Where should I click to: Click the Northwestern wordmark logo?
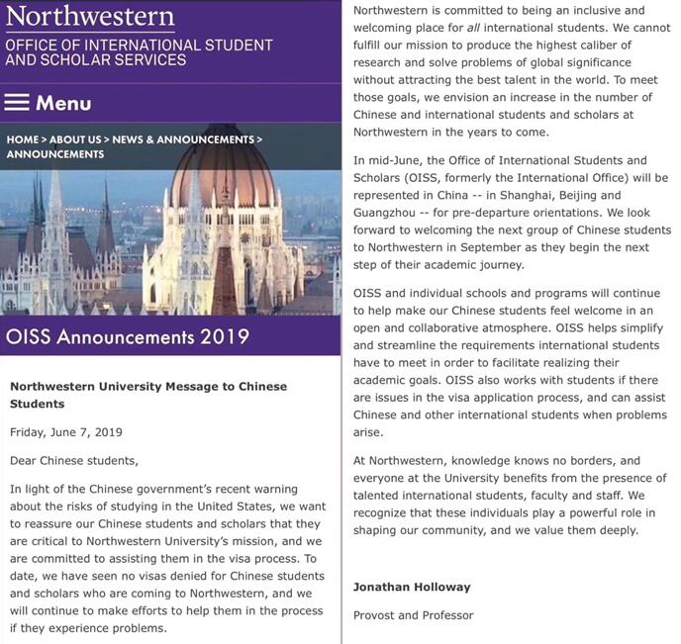click(90, 17)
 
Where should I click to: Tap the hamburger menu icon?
click(17, 103)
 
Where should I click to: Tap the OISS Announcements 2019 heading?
click(128, 335)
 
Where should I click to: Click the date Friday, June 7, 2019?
click(65, 432)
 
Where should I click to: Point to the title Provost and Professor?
click(414, 615)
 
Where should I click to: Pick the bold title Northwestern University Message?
click(147, 387)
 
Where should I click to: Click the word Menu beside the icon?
click(63, 103)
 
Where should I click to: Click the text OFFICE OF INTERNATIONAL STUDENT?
click(139, 45)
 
